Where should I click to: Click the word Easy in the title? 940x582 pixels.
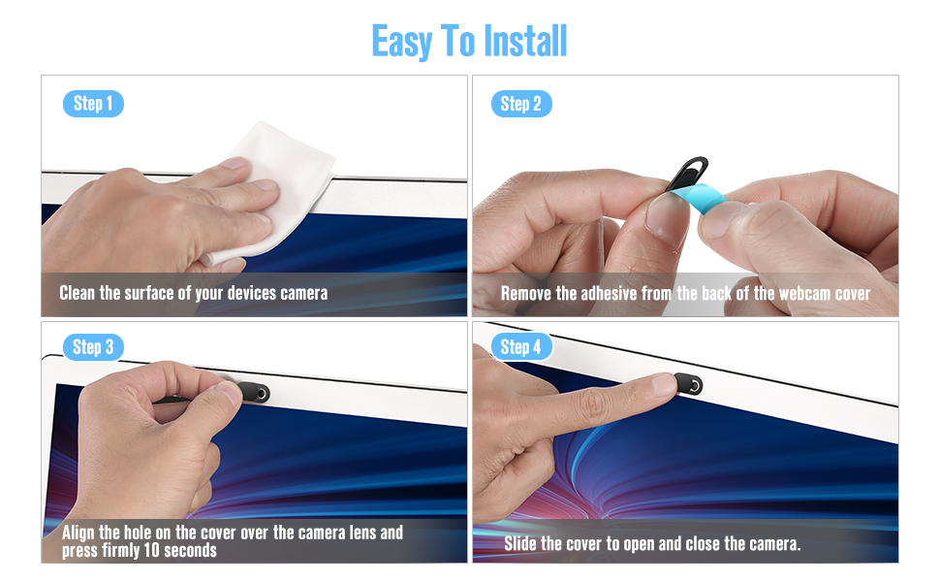[x=401, y=42]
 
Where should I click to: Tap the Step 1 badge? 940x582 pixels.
[x=93, y=104]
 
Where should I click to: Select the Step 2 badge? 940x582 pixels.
[x=520, y=104]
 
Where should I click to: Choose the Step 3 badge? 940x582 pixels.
[x=93, y=346]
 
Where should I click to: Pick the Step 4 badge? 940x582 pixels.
[x=520, y=346]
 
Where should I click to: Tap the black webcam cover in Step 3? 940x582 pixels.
[x=255, y=393]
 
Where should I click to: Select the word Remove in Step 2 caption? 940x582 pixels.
[x=526, y=293]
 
